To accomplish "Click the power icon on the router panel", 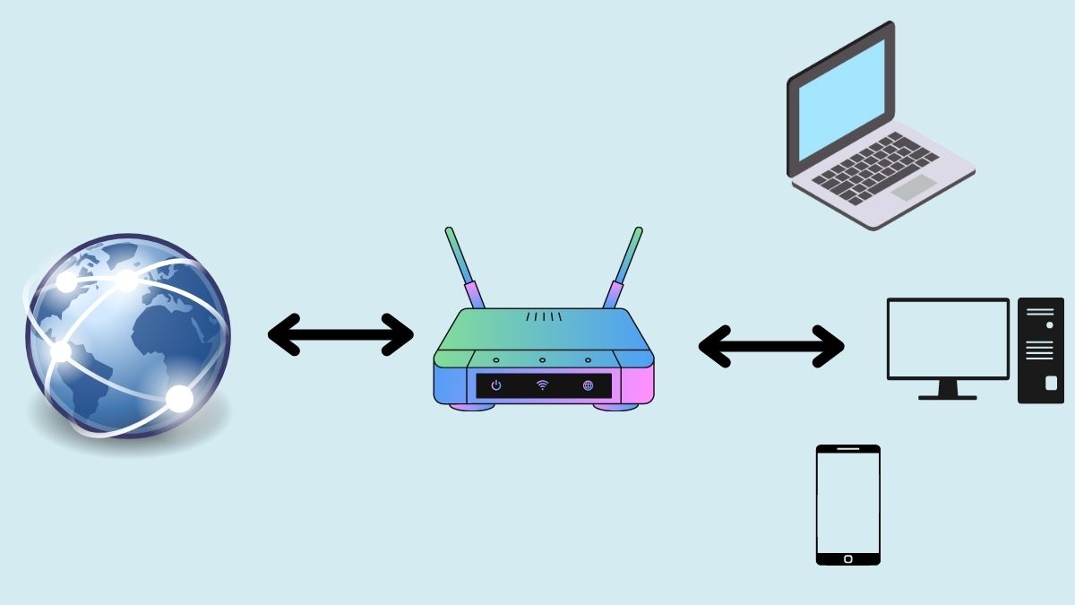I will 496,385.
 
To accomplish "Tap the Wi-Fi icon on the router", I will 542,385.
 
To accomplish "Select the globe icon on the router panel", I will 588,385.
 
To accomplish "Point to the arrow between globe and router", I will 340,334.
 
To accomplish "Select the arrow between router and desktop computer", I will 770,345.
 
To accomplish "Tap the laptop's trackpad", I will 914,187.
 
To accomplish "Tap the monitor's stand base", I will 947,395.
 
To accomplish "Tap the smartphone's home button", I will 847,557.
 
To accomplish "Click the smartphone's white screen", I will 847,502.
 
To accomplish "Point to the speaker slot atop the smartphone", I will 847,449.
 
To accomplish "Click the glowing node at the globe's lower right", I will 180,398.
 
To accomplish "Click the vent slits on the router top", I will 544,316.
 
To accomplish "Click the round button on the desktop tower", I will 1049,325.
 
